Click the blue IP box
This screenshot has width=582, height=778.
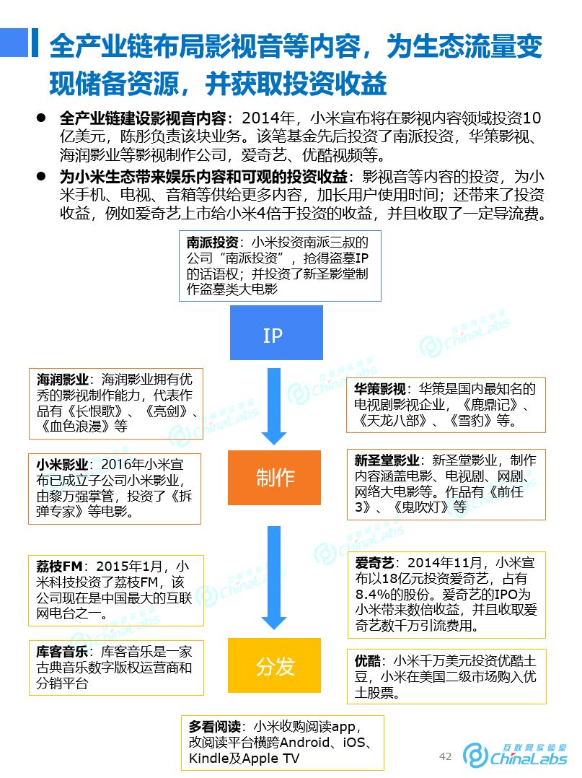pos(273,336)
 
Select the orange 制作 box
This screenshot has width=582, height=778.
pos(274,477)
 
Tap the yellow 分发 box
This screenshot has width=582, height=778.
pos(274,665)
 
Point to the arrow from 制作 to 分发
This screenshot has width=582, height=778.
pos(274,577)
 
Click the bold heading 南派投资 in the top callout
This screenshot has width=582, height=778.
pos(212,244)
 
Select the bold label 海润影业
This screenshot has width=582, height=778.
pos(63,380)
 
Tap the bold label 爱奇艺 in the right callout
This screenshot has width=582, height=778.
pos(373,563)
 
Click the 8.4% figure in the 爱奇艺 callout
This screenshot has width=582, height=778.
pos(374,594)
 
